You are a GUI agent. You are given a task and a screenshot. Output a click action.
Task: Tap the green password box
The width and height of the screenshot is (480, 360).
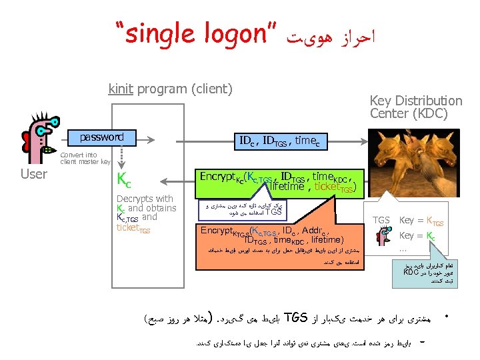[x=101, y=138]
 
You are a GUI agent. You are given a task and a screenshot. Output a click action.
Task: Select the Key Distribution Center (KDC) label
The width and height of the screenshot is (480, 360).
[x=415, y=107]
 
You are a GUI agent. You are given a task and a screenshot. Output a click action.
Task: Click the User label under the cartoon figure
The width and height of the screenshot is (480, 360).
[x=34, y=174]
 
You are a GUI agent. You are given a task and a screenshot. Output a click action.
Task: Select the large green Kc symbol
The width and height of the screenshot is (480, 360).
[x=123, y=179]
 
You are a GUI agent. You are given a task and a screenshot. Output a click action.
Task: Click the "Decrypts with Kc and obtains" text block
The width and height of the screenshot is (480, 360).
[x=145, y=203]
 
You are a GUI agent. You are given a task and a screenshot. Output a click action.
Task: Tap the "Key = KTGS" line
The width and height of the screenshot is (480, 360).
[x=421, y=221]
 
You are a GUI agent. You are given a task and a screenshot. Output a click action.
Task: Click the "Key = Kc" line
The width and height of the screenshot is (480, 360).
[x=417, y=235]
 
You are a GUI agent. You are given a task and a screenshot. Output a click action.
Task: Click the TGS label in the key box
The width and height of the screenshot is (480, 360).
[x=381, y=220]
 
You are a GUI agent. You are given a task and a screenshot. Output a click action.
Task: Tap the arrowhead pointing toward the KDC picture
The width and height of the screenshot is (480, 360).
[x=364, y=141]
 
